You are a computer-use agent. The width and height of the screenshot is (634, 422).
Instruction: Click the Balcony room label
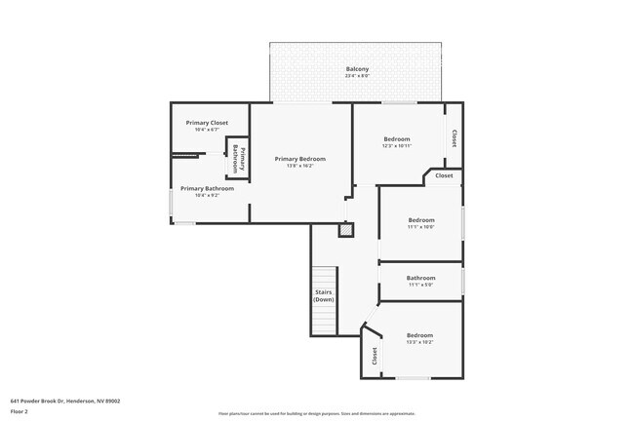357,69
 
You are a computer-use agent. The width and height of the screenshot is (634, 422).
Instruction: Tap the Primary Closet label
206,123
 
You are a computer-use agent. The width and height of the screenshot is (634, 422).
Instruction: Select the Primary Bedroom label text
299,159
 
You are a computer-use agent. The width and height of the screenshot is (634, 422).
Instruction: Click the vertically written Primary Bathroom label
238,159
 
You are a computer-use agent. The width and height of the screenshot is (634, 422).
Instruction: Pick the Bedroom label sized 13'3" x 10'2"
419,337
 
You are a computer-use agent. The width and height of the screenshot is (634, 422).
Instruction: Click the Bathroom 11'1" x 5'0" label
420,280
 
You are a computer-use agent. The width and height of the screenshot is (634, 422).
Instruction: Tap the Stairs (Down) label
324,295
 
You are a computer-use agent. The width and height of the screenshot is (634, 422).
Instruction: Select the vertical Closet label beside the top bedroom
455,138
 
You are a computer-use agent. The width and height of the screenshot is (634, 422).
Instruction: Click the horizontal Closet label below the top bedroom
444,175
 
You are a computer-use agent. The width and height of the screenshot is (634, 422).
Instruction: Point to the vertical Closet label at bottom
374,357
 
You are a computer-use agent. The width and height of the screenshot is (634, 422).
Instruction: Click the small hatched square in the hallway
344,231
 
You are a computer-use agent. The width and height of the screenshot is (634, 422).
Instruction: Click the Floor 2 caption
20,410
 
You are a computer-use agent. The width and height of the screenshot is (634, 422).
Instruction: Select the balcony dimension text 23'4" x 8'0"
357,76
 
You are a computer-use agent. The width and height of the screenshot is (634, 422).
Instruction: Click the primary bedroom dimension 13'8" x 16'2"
299,166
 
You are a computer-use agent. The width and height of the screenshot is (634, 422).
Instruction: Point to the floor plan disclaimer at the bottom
316,414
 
